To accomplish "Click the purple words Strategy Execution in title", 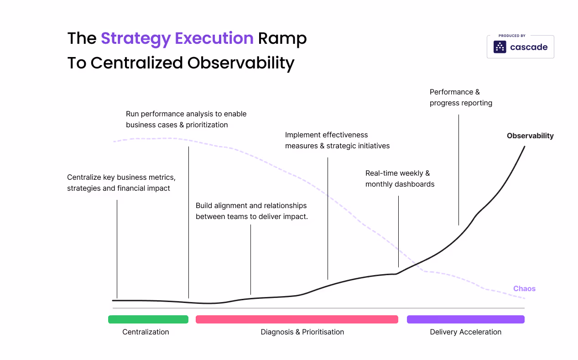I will [x=177, y=38].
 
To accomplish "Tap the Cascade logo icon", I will [x=500, y=47].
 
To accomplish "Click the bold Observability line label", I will [x=530, y=136].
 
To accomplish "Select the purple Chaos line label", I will [x=524, y=288].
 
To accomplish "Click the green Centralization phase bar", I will [x=148, y=319].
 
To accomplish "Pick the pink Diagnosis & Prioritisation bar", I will [x=297, y=319].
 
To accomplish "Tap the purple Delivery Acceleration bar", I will [x=465, y=319].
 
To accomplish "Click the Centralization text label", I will [x=146, y=332].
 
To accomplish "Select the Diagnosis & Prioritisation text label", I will [x=302, y=332].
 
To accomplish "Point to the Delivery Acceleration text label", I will [x=465, y=332].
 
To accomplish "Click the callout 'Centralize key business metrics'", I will [x=121, y=183].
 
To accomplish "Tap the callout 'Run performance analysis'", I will [x=186, y=119].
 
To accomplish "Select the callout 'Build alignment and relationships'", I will [x=251, y=211].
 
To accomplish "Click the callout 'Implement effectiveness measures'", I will [x=337, y=140].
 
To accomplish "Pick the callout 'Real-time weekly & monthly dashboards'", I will [x=400, y=178].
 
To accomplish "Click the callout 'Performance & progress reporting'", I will [x=461, y=97].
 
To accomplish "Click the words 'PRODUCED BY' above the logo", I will [x=512, y=36].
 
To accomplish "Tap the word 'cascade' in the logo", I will [x=529, y=47].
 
